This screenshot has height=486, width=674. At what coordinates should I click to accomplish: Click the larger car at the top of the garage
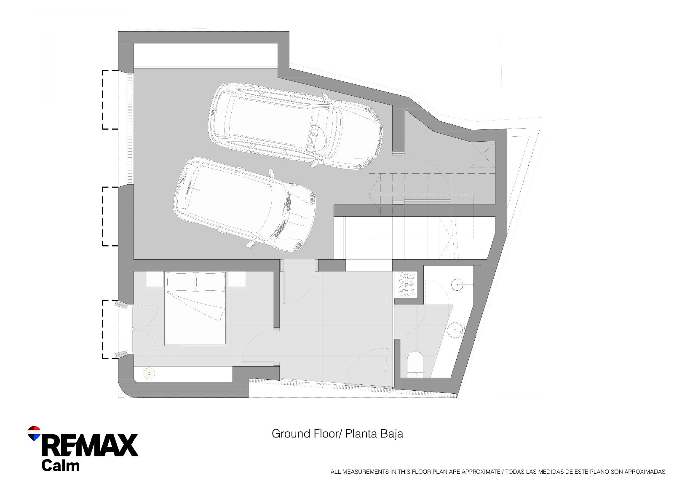click(295, 126)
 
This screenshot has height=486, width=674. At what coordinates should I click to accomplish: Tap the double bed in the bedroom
click(195, 308)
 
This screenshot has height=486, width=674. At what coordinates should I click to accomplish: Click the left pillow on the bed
click(180, 282)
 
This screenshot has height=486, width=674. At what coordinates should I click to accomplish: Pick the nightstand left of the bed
click(155, 279)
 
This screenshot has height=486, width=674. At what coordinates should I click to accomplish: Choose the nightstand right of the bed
click(236, 279)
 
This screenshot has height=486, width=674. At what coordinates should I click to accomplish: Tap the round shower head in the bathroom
click(457, 284)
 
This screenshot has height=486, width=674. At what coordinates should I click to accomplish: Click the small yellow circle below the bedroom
click(149, 373)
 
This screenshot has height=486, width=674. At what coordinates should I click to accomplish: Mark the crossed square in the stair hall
click(483, 155)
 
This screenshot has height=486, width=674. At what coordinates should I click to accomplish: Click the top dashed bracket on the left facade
click(110, 99)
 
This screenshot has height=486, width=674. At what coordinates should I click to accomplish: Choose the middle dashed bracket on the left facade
click(110, 216)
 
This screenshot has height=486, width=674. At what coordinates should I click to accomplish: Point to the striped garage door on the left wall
click(130, 129)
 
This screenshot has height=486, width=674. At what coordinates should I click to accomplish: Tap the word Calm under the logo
click(60, 465)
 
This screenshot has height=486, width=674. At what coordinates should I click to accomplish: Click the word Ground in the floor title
click(291, 434)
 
